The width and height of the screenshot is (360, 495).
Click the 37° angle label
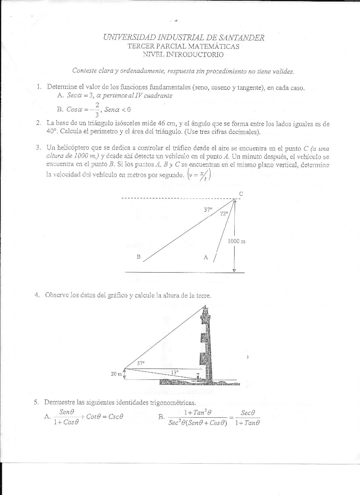[208, 210]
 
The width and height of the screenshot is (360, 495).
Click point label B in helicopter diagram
[138, 256]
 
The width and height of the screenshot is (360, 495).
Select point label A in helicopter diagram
[206, 256]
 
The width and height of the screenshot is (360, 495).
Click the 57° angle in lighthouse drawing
[141, 363]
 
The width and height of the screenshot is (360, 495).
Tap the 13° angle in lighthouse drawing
[174, 372]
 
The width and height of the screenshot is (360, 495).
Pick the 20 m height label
[116, 374]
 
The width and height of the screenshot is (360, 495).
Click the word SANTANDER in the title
[242, 38]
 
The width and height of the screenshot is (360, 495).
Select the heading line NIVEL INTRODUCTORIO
[183, 55]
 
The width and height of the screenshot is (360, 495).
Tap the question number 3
[39, 147]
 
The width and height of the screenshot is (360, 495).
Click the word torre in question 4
[203, 295]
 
